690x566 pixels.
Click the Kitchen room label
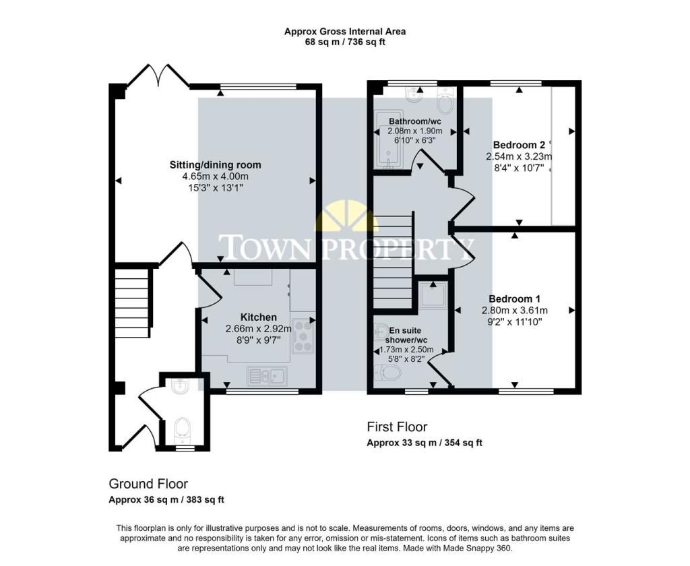tap(258, 317)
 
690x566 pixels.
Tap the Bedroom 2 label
tap(519, 145)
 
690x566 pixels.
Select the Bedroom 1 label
tap(514, 299)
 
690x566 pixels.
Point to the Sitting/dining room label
tap(215, 164)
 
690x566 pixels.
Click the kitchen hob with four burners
tap(303, 336)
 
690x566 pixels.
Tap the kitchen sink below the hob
tap(267, 375)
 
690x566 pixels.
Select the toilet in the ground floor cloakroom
tap(182, 430)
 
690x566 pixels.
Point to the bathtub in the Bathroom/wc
tap(389, 139)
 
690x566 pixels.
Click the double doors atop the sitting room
tap(158, 75)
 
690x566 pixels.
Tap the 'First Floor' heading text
tap(397, 427)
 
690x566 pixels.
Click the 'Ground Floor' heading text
tap(148, 484)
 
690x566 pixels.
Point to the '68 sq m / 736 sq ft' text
tap(345, 42)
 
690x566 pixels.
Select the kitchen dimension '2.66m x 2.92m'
tap(258, 328)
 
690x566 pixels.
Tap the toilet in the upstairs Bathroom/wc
tap(446, 100)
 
